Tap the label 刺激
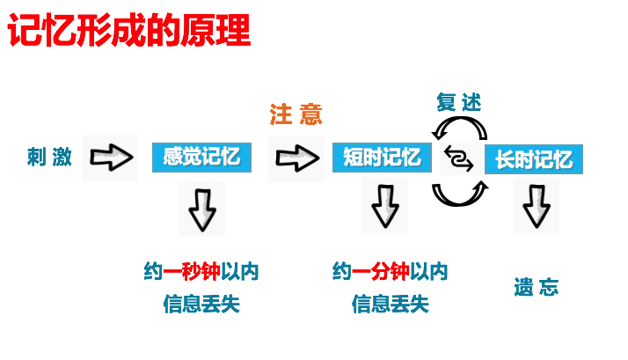49,158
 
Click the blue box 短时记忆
382,158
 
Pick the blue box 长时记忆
533,159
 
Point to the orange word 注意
296,114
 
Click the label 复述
459,102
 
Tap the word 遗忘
536,288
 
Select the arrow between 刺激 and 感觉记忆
111,158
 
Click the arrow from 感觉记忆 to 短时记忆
296,158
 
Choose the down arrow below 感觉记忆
201,209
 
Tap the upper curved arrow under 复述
459,129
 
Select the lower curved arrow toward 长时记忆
458,191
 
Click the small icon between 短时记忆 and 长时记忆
458,159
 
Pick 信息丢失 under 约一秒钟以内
201,305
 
